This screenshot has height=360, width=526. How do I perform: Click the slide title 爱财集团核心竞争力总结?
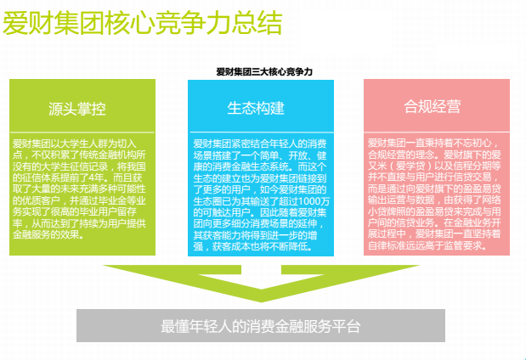(142, 23)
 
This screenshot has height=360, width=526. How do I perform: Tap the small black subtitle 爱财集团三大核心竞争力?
(264, 71)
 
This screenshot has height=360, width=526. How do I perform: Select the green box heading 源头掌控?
(77, 109)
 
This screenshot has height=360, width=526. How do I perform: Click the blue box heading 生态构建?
(256, 108)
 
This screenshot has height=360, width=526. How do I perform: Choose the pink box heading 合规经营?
(432, 107)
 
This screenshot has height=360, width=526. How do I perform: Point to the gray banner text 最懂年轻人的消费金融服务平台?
(261, 326)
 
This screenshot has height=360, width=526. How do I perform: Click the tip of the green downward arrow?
(262, 301)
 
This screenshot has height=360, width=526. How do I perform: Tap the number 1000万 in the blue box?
(314, 201)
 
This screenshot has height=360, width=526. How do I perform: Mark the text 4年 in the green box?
(99, 177)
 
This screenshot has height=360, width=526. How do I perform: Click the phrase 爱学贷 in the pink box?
(410, 166)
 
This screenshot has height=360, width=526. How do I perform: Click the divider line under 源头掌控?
(82, 132)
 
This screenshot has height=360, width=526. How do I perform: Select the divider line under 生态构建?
(262, 132)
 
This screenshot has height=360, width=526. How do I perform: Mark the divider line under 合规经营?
(437, 132)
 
